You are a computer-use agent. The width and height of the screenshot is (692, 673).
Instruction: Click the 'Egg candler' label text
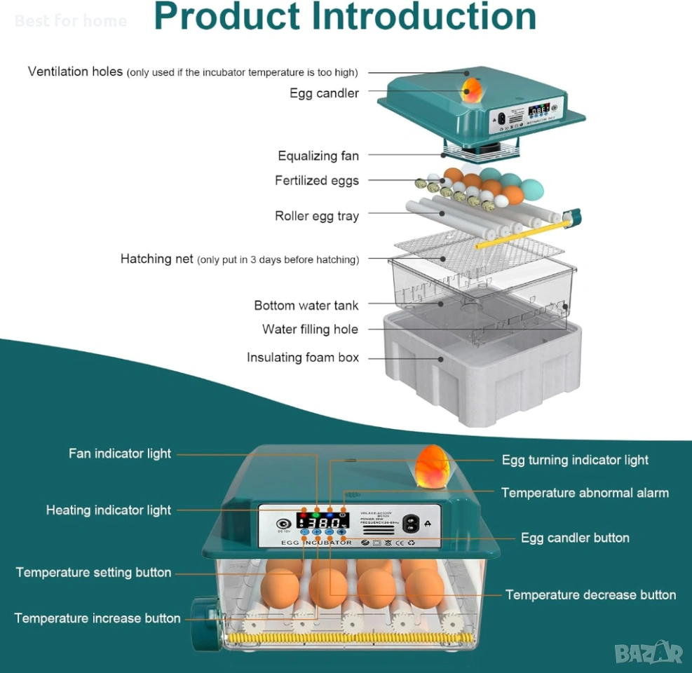point(324,93)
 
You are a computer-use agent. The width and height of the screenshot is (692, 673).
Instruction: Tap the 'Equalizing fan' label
point(318,156)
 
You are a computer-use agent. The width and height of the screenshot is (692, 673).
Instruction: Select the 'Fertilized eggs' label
point(316,181)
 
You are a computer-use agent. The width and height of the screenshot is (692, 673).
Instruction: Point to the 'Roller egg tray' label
point(316,216)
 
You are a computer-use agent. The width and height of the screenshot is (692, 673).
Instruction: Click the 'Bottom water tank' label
point(306,306)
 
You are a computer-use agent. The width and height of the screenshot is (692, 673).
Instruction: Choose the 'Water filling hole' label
point(310,329)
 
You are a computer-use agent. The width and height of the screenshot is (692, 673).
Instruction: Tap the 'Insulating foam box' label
point(302,358)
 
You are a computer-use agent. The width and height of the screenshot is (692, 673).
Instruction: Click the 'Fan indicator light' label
point(119,454)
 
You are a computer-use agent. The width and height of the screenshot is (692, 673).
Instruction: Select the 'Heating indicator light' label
point(108,510)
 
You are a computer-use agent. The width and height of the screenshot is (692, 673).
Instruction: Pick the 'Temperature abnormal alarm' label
point(585,493)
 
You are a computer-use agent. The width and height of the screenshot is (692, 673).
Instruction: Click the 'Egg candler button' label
point(575,538)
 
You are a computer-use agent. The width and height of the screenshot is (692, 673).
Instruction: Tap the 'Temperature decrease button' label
point(590,594)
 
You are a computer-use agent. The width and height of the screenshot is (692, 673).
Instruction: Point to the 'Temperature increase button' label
point(97,618)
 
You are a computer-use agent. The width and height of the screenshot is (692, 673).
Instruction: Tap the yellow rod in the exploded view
point(519,233)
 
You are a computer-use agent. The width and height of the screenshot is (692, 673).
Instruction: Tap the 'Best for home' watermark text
point(70,21)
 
